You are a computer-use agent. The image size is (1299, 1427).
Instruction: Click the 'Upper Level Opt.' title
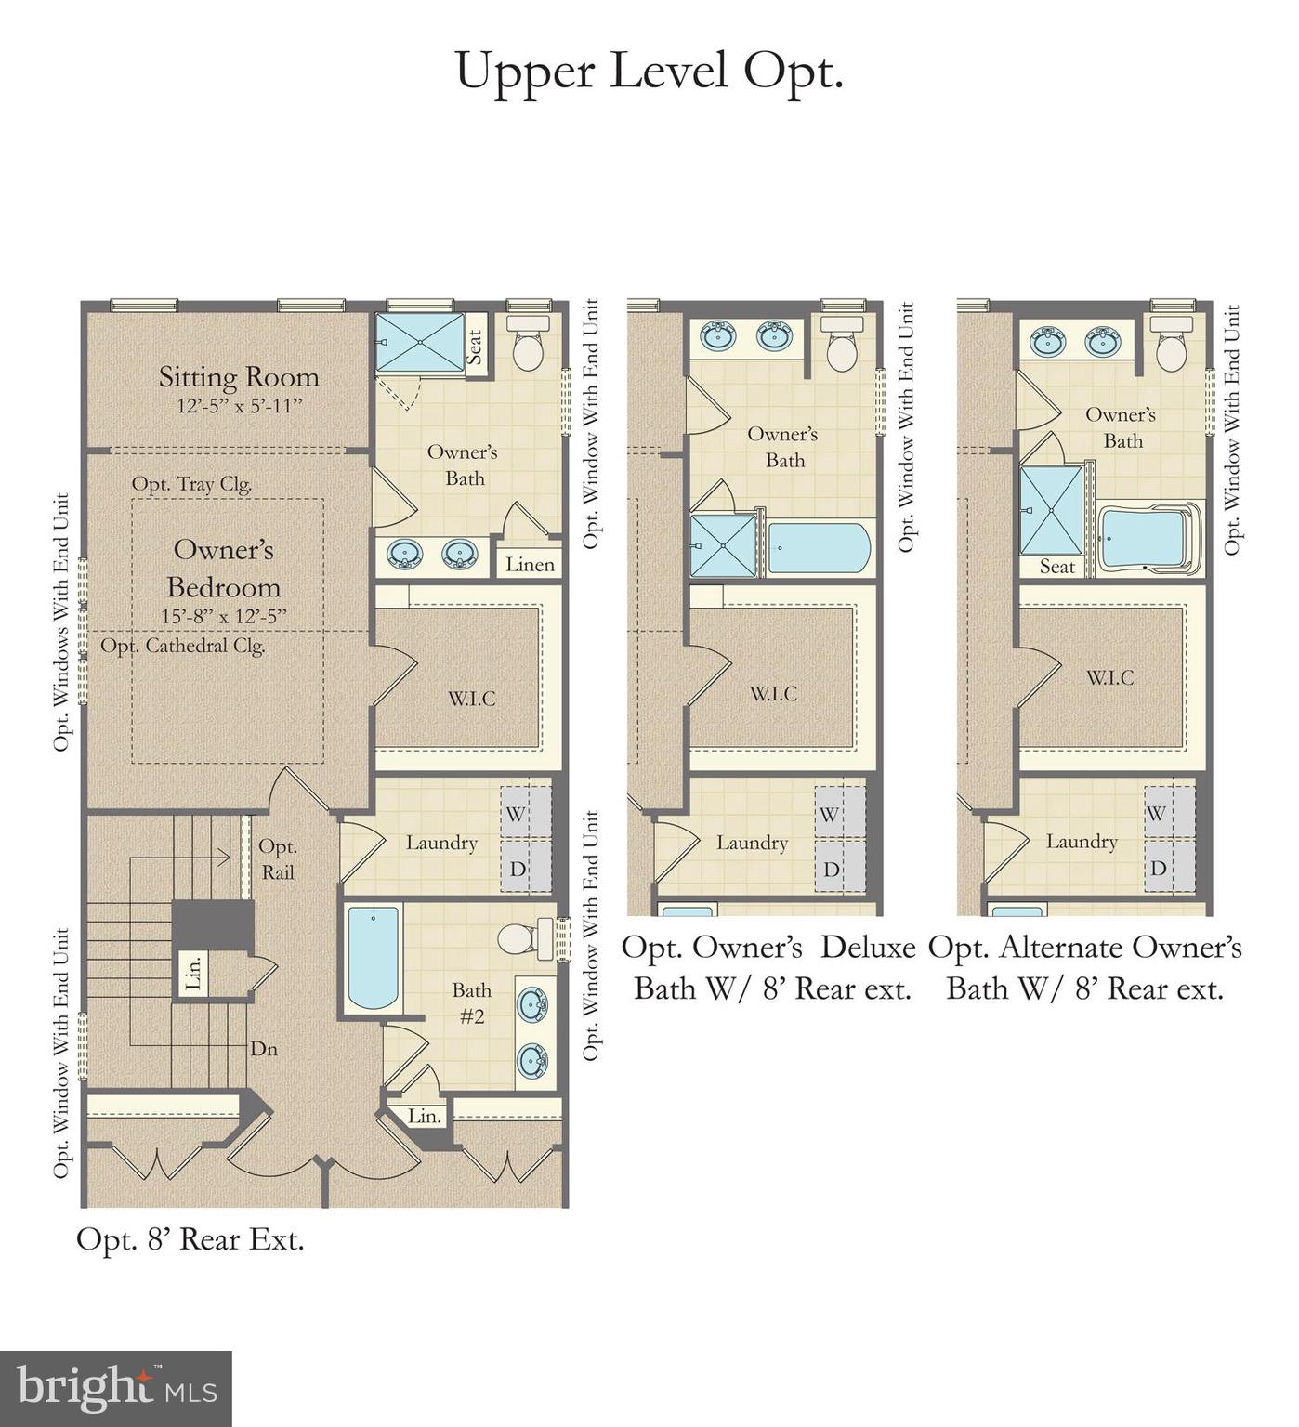pyautogui.click(x=649, y=71)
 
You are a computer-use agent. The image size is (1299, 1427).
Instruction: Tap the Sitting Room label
pyautogui.click(x=239, y=377)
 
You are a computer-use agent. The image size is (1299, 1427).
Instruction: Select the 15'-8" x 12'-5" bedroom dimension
pyautogui.click(x=223, y=616)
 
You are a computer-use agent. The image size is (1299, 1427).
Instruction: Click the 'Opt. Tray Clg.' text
pyautogui.click(x=191, y=484)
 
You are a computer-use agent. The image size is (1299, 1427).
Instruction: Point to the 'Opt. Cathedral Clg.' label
pyautogui.click(x=183, y=646)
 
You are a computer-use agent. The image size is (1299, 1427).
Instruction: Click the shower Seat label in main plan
pyautogui.click(x=475, y=347)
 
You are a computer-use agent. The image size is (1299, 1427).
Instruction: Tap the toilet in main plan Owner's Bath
pyautogui.click(x=529, y=343)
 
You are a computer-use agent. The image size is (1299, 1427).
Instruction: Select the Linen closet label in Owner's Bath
pyautogui.click(x=530, y=564)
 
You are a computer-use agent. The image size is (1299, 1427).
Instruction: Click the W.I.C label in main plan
pyautogui.click(x=472, y=699)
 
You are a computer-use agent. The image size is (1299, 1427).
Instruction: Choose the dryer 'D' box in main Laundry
pyautogui.click(x=517, y=870)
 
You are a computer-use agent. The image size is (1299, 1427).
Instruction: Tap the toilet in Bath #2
pyautogui.click(x=520, y=938)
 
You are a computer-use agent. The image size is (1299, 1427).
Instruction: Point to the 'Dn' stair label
pyautogui.click(x=264, y=1049)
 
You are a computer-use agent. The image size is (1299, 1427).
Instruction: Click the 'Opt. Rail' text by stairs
pyautogui.click(x=278, y=859)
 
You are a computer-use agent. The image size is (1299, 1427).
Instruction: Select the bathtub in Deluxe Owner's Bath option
pyautogui.click(x=819, y=548)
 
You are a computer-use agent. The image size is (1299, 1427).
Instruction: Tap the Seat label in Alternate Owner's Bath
pyautogui.click(x=1056, y=567)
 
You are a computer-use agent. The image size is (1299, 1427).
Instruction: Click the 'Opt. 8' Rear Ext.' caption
pyautogui.click(x=190, y=1239)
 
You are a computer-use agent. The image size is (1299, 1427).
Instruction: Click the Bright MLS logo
pyautogui.click(x=115, y=1388)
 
